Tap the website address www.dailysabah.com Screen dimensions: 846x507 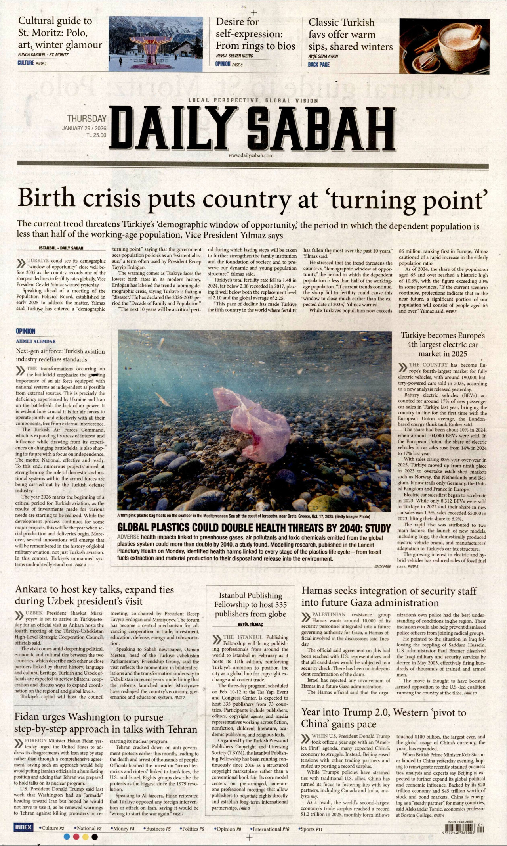(x=251, y=155)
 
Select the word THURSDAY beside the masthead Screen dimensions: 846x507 (x=86, y=119)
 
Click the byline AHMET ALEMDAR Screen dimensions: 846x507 (x=36, y=341)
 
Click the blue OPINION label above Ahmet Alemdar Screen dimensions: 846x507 (x=25, y=331)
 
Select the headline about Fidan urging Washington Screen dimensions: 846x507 (x=105, y=723)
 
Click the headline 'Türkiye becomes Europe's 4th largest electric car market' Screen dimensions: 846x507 (x=442, y=345)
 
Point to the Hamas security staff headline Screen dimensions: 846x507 (x=389, y=597)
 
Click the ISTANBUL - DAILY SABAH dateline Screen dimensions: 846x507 (x=61, y=248)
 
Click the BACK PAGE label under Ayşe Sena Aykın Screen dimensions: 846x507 (x=318, y=65)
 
